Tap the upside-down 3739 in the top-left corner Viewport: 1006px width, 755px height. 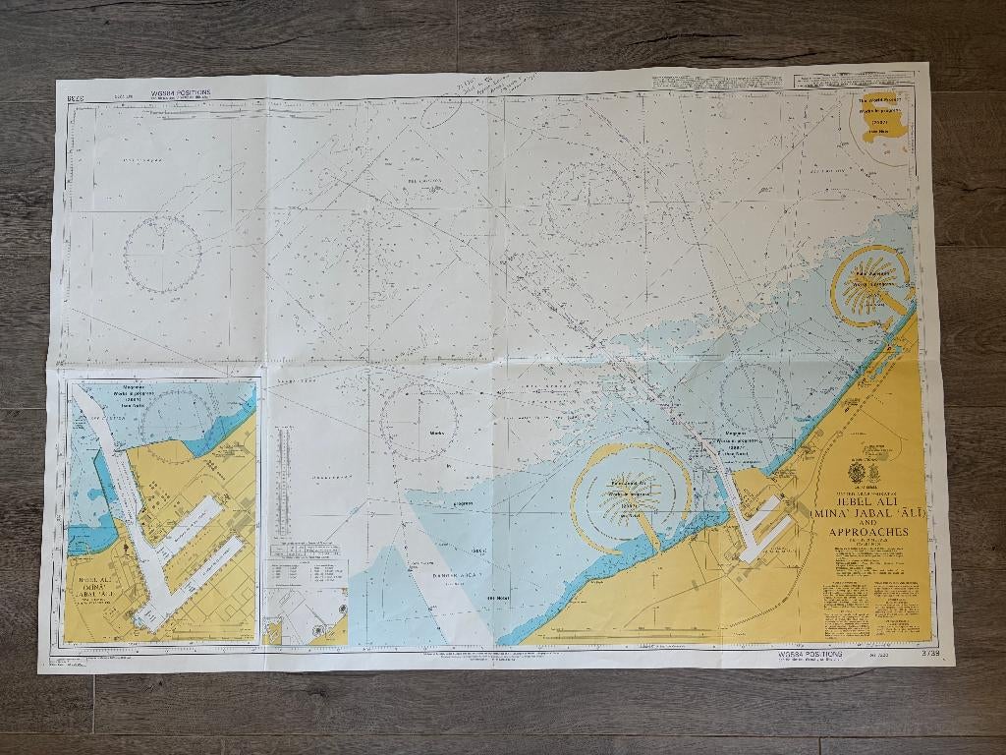(72, 97)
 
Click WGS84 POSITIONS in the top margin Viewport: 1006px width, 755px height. (180, 92)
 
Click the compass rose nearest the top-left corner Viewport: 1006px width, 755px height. (163, 252)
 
